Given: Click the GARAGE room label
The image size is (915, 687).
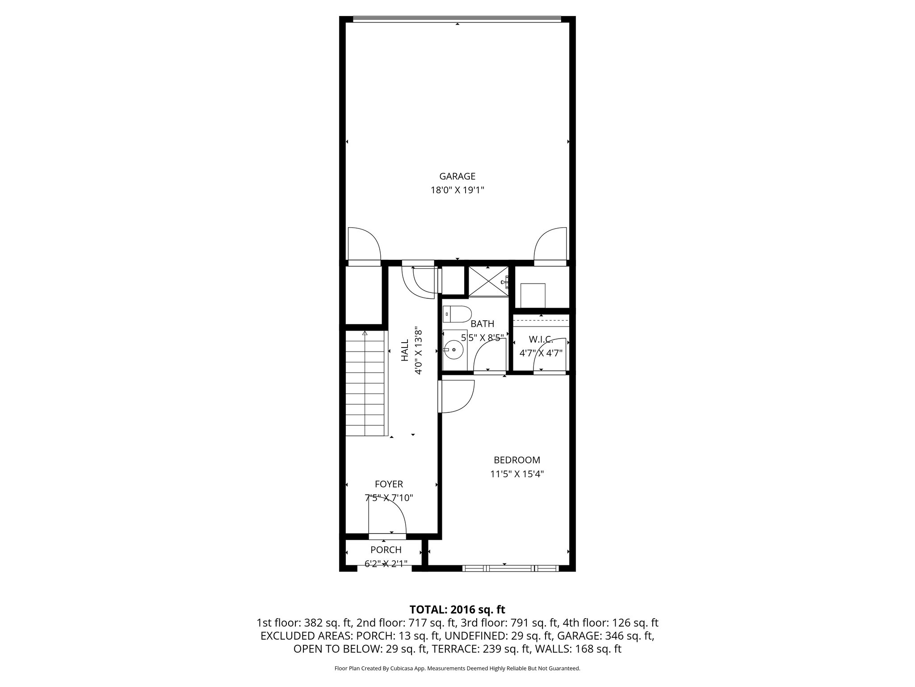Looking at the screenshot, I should coord(457,177).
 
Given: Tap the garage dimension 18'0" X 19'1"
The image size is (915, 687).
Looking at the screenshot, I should coord(457,190).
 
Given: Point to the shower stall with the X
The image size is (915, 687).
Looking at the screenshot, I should coord(488,281).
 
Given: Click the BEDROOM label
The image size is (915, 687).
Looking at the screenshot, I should coord(516,460).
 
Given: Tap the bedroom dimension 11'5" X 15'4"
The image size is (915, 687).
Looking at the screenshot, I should coord(516,474).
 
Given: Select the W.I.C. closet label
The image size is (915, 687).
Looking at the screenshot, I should coord(541,339).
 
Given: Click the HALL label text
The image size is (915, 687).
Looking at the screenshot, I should coord(405,350).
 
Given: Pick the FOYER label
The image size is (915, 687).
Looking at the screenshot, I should coord(389,484).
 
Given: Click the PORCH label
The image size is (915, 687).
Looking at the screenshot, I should coord(386,550).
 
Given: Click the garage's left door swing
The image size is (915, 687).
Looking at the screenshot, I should coord(363,243).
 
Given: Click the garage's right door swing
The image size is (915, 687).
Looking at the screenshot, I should coord(551,243).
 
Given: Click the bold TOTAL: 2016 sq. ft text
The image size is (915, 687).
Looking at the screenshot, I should coord(457,610).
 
